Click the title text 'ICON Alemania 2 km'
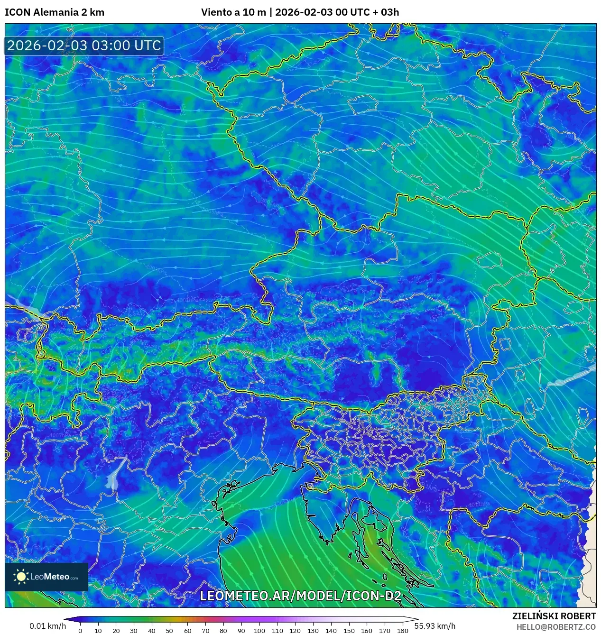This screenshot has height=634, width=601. (55, 12)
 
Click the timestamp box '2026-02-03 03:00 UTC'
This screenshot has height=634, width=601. (84, 46)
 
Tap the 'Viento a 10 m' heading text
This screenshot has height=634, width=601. (233, 12)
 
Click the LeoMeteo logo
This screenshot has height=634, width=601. (46, 577)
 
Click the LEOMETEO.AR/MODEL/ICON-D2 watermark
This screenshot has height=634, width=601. (300, 596)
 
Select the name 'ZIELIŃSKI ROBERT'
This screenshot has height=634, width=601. (554, 616)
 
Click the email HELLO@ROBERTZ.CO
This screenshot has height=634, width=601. (556, 627)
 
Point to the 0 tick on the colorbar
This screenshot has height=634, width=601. (80, 631)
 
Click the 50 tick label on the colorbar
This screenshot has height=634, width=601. (169, 631)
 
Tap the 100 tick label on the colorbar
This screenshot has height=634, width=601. (259, 631)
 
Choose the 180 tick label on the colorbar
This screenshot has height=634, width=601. (402, 631)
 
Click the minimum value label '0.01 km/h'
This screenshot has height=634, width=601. (47, 626)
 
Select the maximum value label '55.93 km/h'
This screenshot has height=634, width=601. (435, 626)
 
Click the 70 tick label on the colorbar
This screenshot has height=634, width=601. (205, 631)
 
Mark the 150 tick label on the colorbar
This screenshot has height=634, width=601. (349, 631)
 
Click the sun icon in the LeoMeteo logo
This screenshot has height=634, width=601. (21, 577)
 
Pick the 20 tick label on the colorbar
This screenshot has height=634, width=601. (116, 631)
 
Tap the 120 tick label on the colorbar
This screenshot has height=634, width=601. (295, 631)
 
